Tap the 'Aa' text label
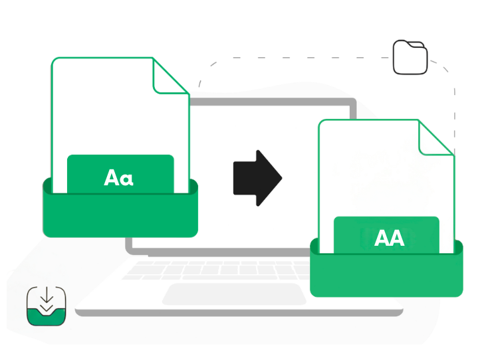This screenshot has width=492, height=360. click(x=119, y=177)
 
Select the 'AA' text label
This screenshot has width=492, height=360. click(x=389, y=238)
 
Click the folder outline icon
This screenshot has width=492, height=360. click(x=410, y=57)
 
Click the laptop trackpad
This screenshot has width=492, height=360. click(x=225, y=293)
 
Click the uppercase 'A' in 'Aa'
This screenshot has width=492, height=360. click(x=112, y=177)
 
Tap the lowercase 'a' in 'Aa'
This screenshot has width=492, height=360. click(x=128, y=179)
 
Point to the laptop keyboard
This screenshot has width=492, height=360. click(x=219, y=269)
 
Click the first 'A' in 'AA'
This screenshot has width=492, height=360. click(x=382, y=238)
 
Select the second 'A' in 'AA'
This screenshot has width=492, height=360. click(x=397, y=238)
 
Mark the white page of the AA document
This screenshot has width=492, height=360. click(x=372, y=173)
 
